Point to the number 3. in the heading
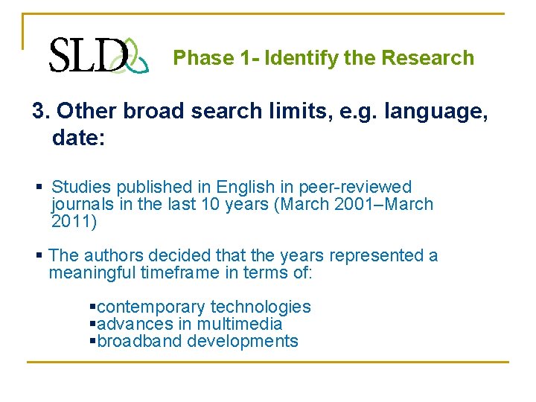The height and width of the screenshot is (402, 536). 42,111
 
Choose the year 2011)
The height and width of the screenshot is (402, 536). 74,221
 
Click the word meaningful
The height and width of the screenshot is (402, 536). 92,272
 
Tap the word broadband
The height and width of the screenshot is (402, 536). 140,341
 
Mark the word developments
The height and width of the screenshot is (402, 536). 243,341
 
